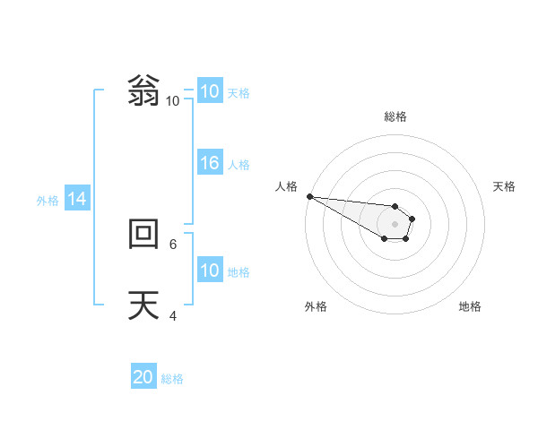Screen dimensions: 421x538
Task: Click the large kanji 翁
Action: pyautogui.click(x=143, y=91)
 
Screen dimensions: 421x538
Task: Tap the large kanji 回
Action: pyautogui.click(x=143, y=235)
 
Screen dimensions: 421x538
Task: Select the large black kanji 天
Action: pyautogui.click(x=143, y=306)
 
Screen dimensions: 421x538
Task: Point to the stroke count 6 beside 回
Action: pyautogui.click(x=174, y=243)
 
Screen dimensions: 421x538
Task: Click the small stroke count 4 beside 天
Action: pyautogui.click(x=174, y=314)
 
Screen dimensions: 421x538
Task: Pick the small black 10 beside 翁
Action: pyautogui.click(x=172, y=100)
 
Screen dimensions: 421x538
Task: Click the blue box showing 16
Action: pyautogui.click(x=210, y=163)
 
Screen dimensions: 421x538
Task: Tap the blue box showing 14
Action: pyautogui.click(x=77, y=199)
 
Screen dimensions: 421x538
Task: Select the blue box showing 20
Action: pyautogui.click(x=143, y=377)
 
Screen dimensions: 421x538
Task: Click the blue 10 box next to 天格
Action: pyautogui.click(x=210, y=91)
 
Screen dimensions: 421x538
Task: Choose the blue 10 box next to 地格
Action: pyautogui.click(x=210, y=271)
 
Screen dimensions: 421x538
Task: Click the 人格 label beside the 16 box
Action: pyautogui.click(x=239, y=164)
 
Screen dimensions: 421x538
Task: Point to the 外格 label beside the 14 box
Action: pyautogui.click(x=48, y=201)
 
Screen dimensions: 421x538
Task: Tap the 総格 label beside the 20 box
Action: pyautogui.click(x=172, y=379)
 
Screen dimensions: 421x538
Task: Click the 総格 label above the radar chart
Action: pyautogui.click(x=395, y=116)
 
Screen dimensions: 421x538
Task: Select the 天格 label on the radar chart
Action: pyautogui.click(x=504, y=186)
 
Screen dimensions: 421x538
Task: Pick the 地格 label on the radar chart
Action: pyautogui.click(x=470, y=306)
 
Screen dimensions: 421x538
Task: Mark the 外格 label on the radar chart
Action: pyautogui.click(x=316, y=306)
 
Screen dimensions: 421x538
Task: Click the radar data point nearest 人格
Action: pyautogui.click(x=309, y=196)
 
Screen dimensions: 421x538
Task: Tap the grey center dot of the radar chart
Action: pyautogui.click(x=395, y=224)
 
